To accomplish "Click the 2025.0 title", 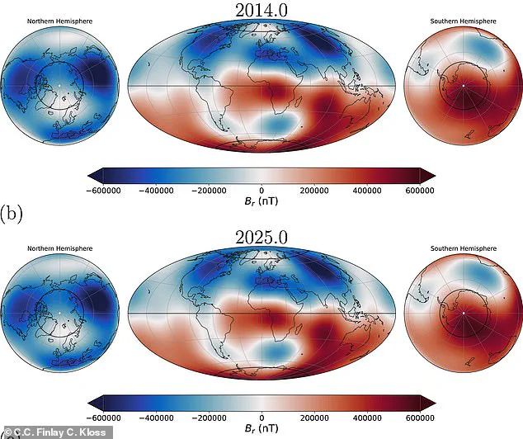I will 261,236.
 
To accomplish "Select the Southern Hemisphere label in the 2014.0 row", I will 463,20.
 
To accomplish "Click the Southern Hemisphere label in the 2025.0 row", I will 463,247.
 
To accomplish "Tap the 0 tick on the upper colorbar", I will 261,190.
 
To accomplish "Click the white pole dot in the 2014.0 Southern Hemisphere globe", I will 464,86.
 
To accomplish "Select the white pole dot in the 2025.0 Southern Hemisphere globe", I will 464,314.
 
